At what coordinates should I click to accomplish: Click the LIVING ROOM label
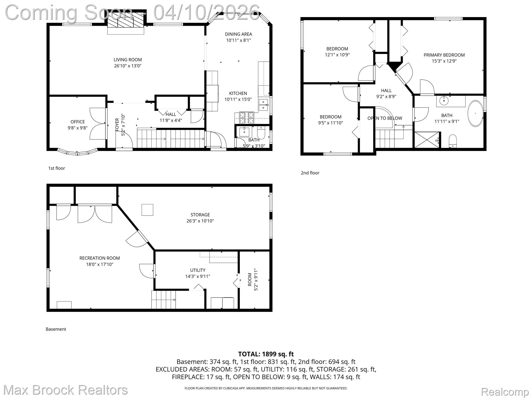[x=128, y=60]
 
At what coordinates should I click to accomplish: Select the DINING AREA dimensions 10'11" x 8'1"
[x=238, y=40]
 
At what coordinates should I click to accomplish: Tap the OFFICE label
[x=77, y=122]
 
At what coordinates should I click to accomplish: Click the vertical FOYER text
[x=117, y=125]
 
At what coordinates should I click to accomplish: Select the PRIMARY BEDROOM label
[x=444, y=55]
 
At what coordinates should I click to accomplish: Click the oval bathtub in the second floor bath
[x=475, y=114]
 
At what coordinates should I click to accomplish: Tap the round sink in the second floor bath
[x=444, y=100]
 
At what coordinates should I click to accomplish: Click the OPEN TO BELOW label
[x=384, y=118]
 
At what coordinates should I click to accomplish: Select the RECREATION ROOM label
[x=99, y=258]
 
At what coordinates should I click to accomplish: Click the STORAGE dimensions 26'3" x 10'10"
[x=200, y=221]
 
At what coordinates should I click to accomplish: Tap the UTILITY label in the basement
[x=197, y=270]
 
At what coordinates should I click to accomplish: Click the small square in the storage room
[x=147, y=210]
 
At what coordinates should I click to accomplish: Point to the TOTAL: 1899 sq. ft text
[x=266, y=354]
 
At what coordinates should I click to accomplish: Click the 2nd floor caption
[x=310, y=173]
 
